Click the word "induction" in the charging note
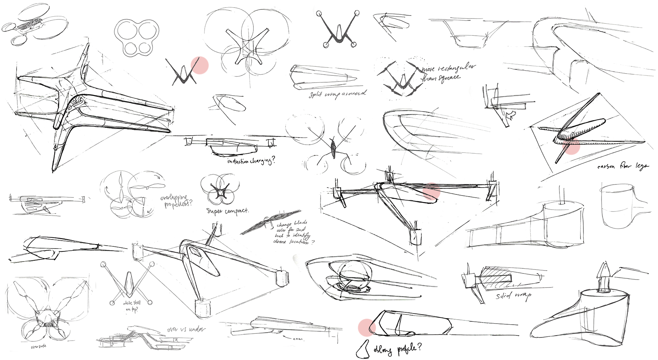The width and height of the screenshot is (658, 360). coord(238,161)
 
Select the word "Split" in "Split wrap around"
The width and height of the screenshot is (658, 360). coord(316,95)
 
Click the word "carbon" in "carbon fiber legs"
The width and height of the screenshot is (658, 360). coord(606,167)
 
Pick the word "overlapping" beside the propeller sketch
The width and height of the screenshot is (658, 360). coord(174,198)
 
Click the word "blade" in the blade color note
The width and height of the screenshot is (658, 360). coord(300,223)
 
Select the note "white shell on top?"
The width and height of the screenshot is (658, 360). coord(132,306)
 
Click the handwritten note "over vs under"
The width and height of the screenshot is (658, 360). coord(187,329)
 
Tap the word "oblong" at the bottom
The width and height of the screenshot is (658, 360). coord(383,350)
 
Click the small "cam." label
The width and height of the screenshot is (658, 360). coord(298,339)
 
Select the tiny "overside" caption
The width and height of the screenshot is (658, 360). coord(38,347)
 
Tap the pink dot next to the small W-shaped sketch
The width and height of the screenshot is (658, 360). coord(200,65)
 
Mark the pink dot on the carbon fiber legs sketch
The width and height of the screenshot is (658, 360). coord(571,146)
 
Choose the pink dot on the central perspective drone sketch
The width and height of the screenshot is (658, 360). coord(431,191)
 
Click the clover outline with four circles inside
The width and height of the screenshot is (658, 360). coord(136,38)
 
